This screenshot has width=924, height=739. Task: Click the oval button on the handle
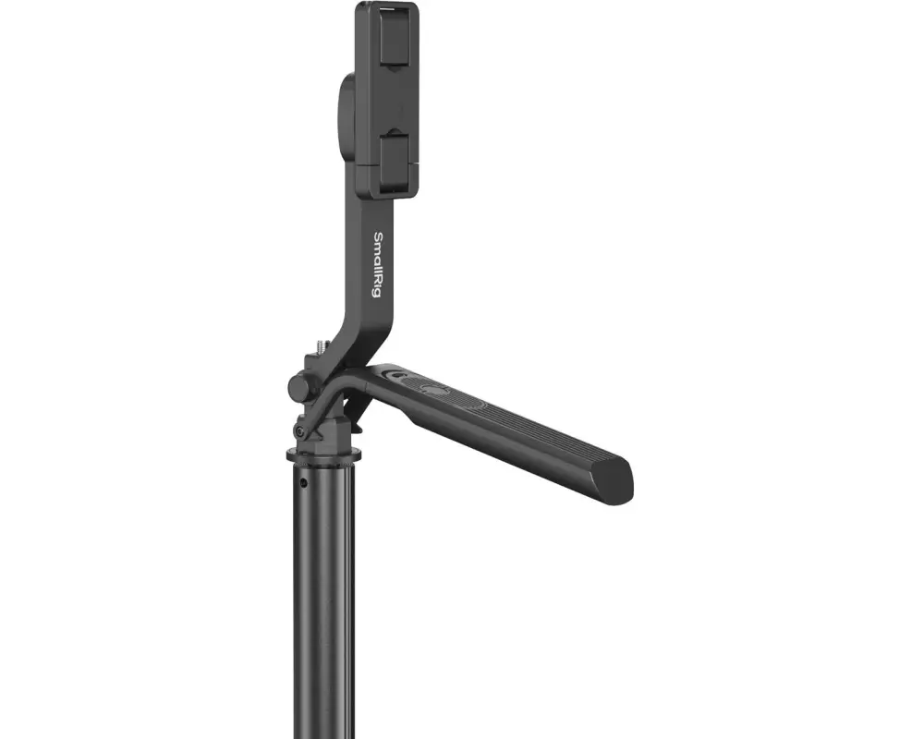coord(434,390)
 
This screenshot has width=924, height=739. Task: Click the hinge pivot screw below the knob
coord(300,432)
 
